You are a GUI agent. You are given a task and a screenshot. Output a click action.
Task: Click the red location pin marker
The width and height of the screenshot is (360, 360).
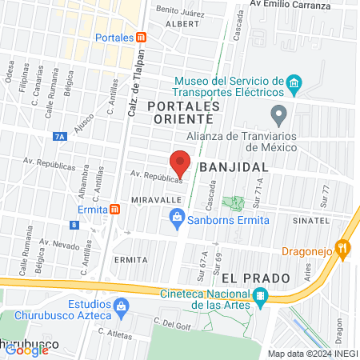[181, 162]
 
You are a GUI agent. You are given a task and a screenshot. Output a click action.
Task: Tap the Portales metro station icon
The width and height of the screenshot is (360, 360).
[141, 38]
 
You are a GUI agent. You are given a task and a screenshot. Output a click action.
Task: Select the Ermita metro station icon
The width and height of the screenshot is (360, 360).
[116, 210]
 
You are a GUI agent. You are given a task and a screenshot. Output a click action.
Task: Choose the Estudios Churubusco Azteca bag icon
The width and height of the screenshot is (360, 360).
[121, 305]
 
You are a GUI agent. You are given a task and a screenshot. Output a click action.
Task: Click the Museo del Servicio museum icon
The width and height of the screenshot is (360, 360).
[294, 83]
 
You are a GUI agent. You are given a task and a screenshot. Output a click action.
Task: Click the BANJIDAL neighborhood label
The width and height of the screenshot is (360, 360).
[231, 168]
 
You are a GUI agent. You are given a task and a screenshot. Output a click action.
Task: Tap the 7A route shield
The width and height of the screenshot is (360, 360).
[60, 137]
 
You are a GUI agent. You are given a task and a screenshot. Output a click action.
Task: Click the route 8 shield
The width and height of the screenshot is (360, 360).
[74, 226]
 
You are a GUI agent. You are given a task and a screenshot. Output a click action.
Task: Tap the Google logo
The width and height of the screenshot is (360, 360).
[26, 350]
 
